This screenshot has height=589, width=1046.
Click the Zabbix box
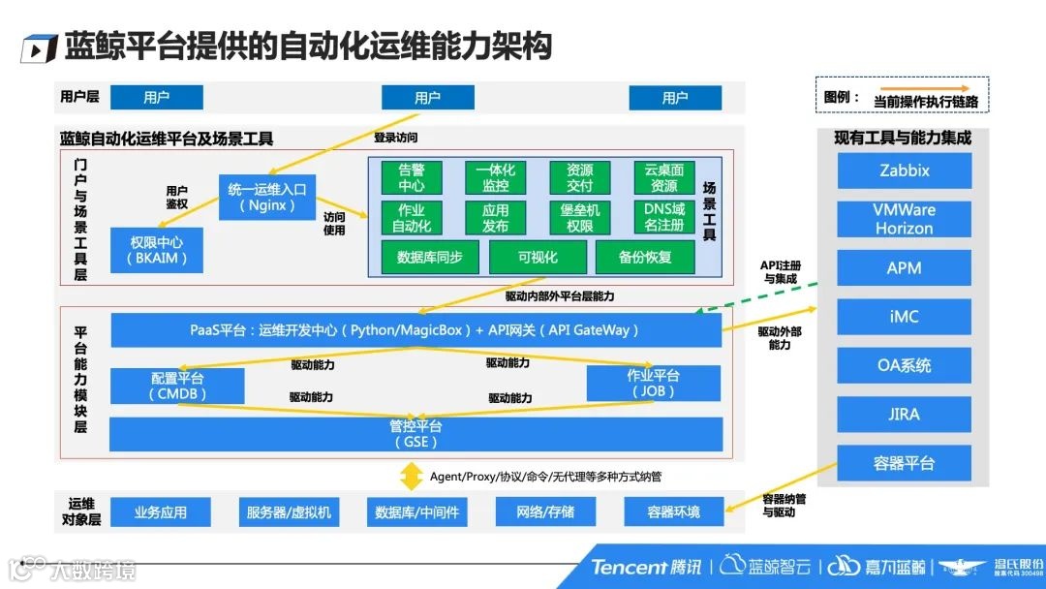point(904,170)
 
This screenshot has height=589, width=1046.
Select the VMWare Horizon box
point(904,219)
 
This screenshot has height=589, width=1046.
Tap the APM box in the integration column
point(904,268)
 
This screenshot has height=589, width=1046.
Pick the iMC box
point(904,317)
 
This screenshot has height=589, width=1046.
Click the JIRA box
point(904,415)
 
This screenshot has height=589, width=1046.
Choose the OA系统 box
point(904,365)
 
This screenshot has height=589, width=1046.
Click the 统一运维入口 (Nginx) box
point(267,197)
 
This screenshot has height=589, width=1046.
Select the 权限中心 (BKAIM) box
point(156,250)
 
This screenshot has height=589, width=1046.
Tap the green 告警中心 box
point(412,177)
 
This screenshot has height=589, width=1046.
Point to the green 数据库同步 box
point(423,257)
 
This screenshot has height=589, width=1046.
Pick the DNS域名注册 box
point(663,217)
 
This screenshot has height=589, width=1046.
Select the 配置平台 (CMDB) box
point(177,385)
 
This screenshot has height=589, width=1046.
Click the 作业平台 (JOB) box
point(653,384)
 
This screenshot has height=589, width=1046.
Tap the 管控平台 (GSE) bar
point(415,434)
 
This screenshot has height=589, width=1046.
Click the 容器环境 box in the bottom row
point(673,511)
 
